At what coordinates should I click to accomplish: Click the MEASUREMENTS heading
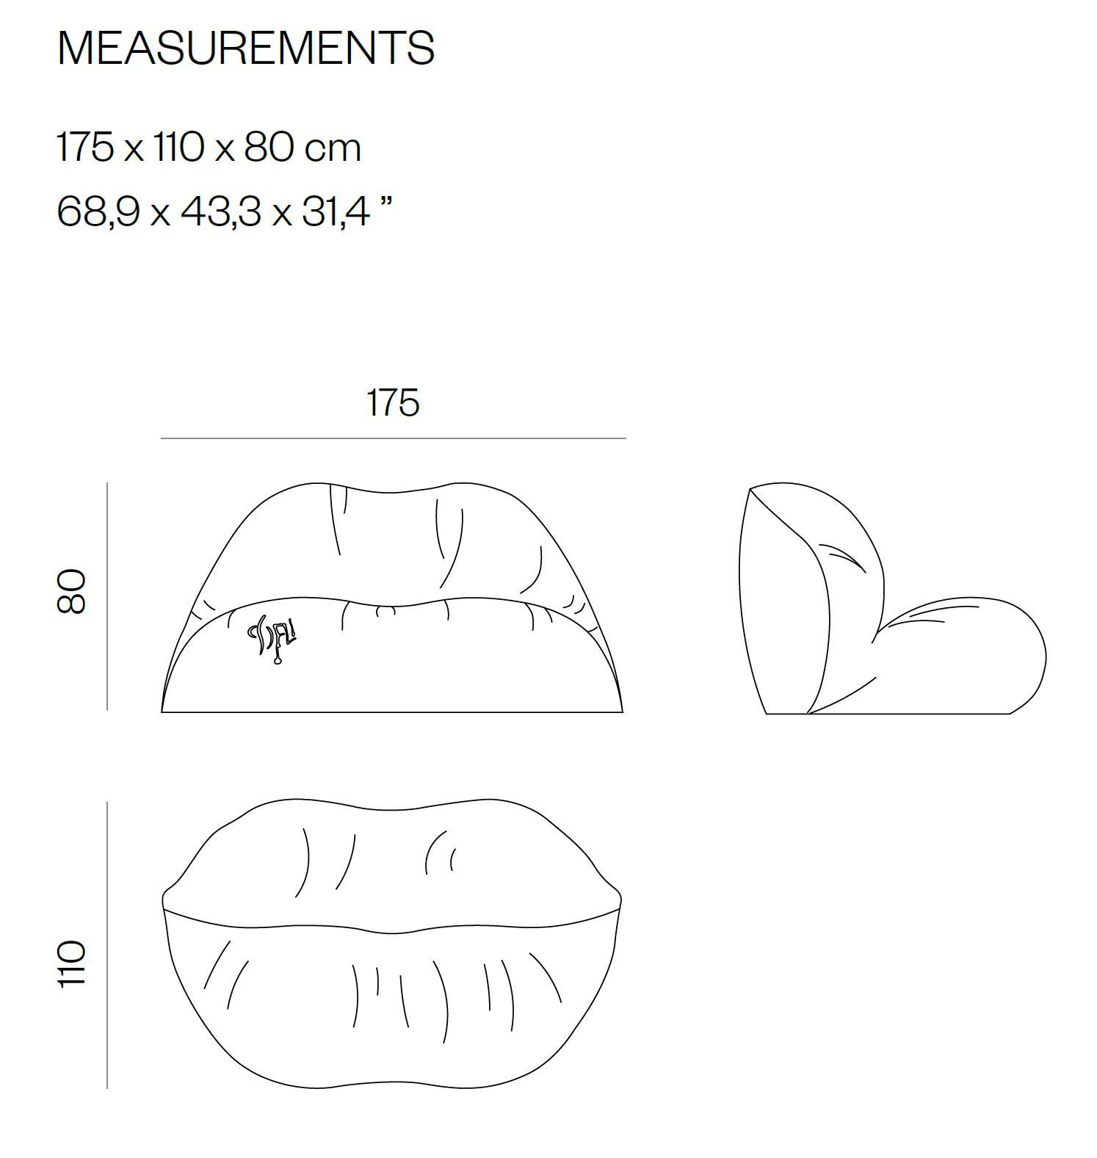pyautogui.click(x=246, y=48)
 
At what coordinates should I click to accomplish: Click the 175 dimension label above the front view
pyautogui.click(x=393, y=403)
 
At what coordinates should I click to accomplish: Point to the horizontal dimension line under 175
pyautogui.click(x=394, y=438)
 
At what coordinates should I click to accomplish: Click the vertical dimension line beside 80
pyautogui.click(x=107, y=596)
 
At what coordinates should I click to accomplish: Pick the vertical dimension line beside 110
pyautogui.click(x=107, y=945)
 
